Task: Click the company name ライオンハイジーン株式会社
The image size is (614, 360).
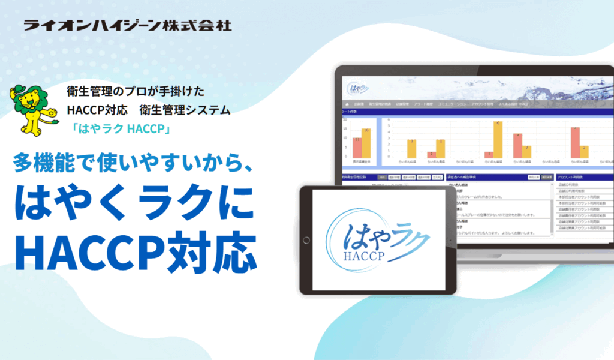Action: coord(127,25)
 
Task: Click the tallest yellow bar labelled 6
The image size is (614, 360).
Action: coord(498,139)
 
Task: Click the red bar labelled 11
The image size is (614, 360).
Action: coord(357,148)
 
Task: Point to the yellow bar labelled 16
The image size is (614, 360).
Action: coord(366,143)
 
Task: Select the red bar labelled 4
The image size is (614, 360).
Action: coord(517,145)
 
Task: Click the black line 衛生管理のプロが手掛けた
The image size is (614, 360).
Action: coord(136,92)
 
